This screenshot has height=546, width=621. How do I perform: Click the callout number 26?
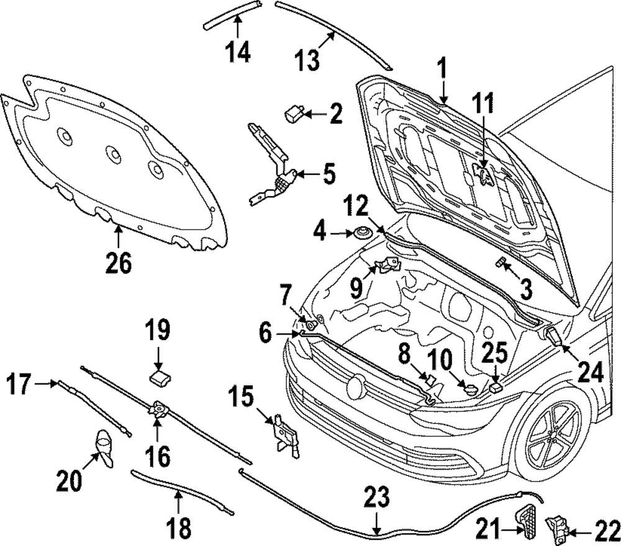click(x=119, y=262)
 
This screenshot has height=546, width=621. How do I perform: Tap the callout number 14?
click(x=238, y=52)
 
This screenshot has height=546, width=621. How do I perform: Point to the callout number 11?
click(x=483, y=103)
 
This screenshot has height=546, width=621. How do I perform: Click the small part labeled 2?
click(x=294, y=115)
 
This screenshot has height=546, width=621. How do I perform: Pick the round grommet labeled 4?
click(x=360, y=233)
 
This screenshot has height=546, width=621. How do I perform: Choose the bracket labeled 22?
click(x=557, y=525)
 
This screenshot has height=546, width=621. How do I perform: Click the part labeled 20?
click(x=104, y=448)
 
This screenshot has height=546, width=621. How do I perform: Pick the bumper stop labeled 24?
click(x=555, y=336)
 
